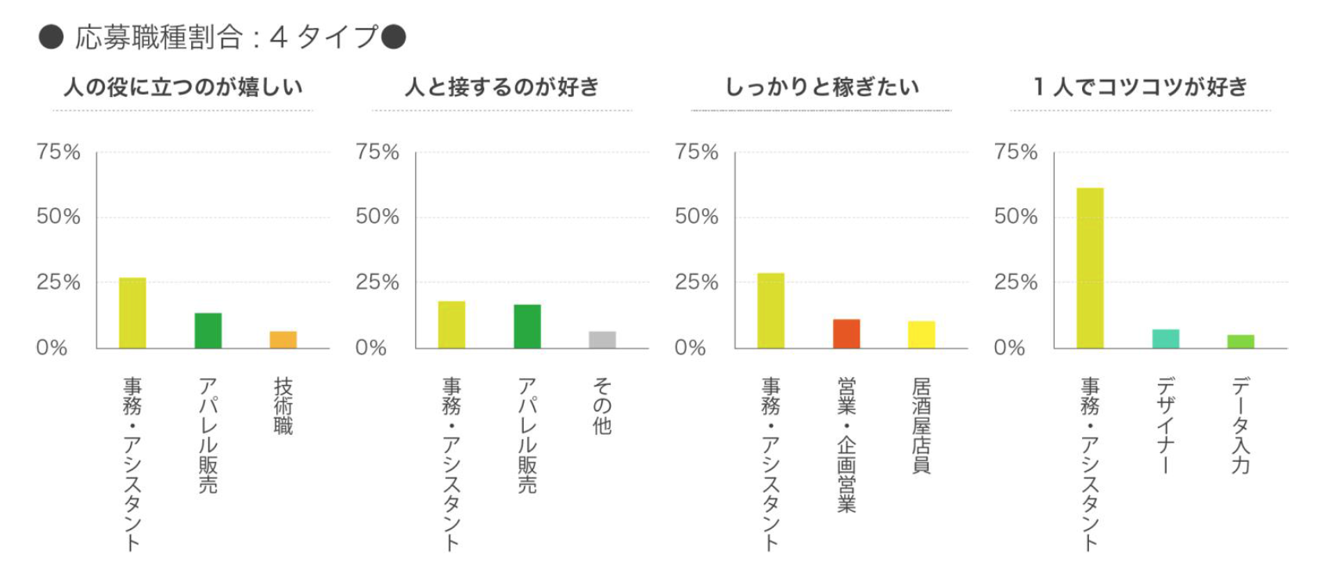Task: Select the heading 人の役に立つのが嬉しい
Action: click(x=183, y=87)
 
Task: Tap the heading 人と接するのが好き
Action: click(x=502, y=87)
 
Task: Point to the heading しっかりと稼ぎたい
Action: click(x=822, y=87)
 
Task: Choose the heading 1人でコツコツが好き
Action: click(x=1140, y=87)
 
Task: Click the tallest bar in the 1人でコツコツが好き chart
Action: click(x=1090, y=268)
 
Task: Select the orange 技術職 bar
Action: click(x=283, y=340)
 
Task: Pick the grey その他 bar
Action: click(x=602, y=340)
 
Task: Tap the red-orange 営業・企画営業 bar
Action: click(x=846, y=333)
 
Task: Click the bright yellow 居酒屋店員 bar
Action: click(x=922, y=334)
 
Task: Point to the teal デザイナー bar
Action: click(x=1166, y=339)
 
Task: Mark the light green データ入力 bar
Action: click(x=1241, y=341)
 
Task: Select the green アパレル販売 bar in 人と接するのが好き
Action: click(x=527, y=326)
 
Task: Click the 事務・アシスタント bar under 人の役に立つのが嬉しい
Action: click(x=132, y=313)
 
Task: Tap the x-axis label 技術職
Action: click(x=283, y=406)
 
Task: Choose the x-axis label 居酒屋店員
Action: click(x=922, y=426)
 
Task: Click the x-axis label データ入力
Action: click(x=1241, y=426)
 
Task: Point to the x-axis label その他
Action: click(x=602, y=406)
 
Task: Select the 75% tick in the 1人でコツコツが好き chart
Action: click(x=1015, y=152)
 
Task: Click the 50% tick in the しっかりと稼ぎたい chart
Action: click(x=696, y=217)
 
